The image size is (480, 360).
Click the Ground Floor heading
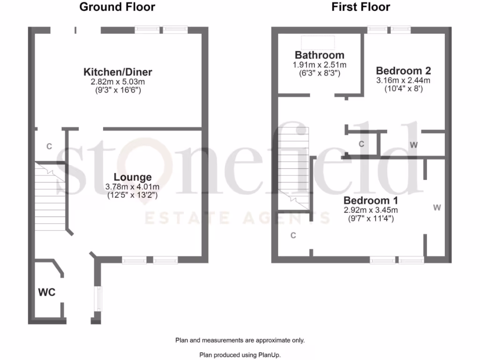(x=117, y=7)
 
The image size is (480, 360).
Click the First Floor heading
(x=361, y=7)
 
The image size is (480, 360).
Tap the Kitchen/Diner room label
(x=118, y=72)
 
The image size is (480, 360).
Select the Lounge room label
(x=133, y=177)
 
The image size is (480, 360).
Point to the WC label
(x=47, y=292)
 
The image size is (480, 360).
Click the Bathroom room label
(x=319, y=55)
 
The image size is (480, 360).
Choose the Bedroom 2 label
(x=403, y=71)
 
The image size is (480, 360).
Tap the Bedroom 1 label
(x=370, y=200)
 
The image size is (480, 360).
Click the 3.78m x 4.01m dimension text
(x=133, y=186)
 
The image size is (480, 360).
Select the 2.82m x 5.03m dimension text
(x=118, y=81)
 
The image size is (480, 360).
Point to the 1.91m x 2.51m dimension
(x=319, y=65)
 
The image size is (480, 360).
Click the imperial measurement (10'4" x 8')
(x=403, y=89)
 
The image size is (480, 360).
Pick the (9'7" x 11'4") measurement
(x=370, y=218)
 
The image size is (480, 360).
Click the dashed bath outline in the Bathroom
(x=318, y=42)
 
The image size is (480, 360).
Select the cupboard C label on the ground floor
(x=49, y=146)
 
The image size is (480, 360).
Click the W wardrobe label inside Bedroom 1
(x=437, y=207)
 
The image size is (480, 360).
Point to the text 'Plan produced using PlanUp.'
(x=240, y=355)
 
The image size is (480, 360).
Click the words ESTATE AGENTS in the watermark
(x=237, y=218)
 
